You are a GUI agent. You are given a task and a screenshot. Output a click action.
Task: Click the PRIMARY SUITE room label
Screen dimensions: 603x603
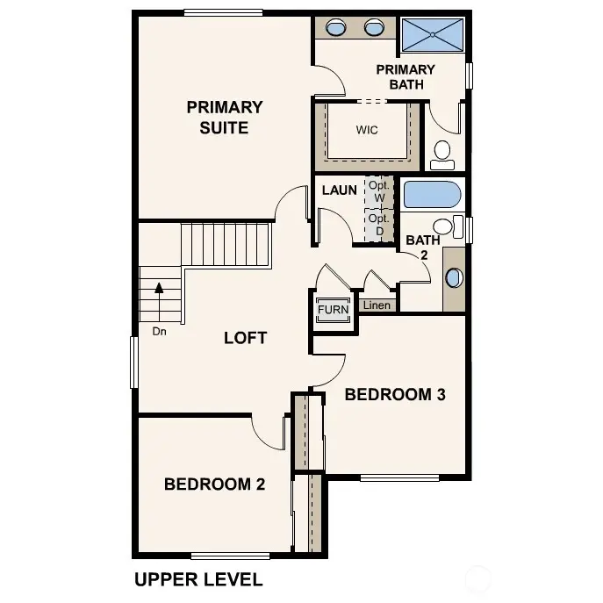[224, 118]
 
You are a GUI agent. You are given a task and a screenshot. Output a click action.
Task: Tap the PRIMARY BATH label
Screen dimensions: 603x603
[405, 77]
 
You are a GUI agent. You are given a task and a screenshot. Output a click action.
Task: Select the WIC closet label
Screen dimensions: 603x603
[367, 130]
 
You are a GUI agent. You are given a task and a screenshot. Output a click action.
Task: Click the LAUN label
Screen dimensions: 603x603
[339, 190]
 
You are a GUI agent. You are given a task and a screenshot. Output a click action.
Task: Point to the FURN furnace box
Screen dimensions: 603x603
[333, 310]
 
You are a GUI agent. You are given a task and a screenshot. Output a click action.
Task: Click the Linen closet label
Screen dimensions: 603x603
[377, 305]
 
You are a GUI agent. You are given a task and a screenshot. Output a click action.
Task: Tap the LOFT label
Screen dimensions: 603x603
[245, 338]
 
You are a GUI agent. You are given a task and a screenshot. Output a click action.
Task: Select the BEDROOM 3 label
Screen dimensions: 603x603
[395, 395]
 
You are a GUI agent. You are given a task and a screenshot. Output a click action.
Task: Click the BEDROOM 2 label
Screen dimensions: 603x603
[214, 484]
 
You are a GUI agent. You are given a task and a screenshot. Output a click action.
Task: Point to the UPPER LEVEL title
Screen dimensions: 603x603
[197, 579]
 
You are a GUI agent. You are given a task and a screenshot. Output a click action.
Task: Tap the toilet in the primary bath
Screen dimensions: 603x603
[441, 154]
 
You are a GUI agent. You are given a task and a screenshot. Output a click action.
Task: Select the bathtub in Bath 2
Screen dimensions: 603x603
[429, 194]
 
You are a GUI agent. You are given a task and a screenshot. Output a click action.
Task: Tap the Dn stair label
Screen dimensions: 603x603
[159, 331]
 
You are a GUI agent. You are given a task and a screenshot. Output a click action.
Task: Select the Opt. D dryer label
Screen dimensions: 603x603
[378, 225]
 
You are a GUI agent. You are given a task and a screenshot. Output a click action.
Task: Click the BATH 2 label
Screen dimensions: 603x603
[422, 247]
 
